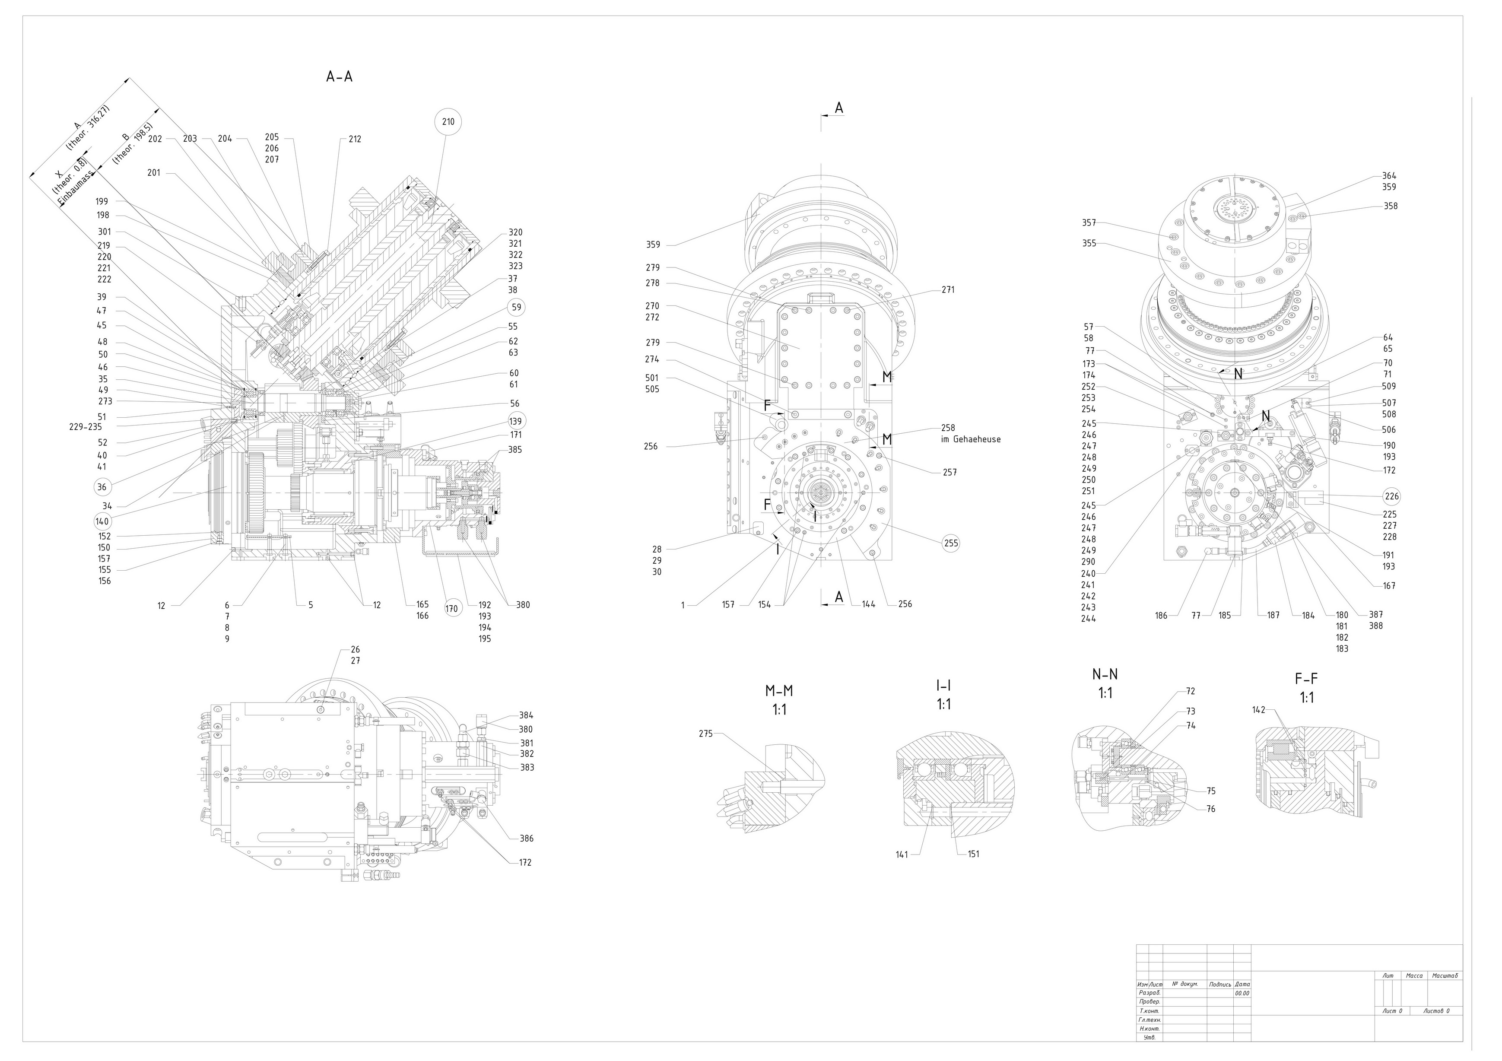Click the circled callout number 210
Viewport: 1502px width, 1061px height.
click(x=448, y=122)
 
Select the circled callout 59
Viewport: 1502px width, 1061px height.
click(x=517, y=307)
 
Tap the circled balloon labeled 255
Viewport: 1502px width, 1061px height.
click(x=950, y=543)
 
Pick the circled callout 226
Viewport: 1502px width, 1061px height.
click(x=1391, y=496)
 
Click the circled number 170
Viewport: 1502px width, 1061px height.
click(x=451, y=608)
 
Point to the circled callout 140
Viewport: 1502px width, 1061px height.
click(x=102, y=522)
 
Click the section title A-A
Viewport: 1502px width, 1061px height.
click(x=339, y=76)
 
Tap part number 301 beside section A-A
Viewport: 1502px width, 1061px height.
click(x=105, y=232)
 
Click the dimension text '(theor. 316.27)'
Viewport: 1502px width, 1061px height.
click(x=88, y=128)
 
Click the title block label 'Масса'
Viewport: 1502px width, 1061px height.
click(x=1414, y=975)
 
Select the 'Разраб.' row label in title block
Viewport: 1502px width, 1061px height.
click(x=1150, y=993)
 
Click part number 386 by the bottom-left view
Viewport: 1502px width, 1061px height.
click(x=526, y=839)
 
